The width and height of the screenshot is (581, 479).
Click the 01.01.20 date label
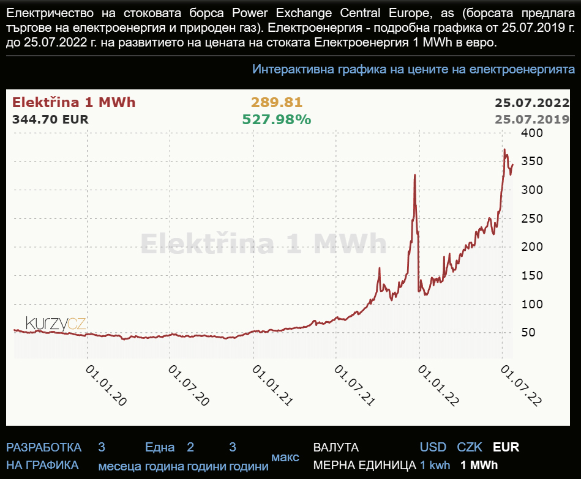click(107, 385)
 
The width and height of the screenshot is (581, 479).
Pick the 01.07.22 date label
click(521, 385)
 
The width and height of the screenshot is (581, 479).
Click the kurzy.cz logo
click(56, 324)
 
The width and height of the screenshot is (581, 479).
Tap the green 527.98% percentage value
click(277, 119)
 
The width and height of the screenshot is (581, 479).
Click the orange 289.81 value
click(277, 103)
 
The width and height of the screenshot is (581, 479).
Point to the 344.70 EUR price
click(50, 119)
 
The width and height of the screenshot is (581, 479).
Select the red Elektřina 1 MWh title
click(74, 103)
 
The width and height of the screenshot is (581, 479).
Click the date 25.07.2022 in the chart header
click(532, 103)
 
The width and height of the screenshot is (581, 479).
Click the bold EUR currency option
click(506, 447)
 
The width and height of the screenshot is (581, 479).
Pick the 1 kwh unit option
click(435, 465)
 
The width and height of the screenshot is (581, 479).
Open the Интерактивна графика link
click(413, 69)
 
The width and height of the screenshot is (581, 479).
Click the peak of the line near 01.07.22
click(504, 149)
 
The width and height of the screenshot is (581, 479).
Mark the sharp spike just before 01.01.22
click(415, 175)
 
